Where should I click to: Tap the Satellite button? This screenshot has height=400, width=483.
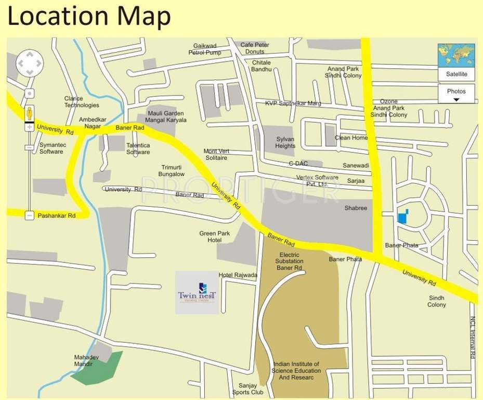[456, 74]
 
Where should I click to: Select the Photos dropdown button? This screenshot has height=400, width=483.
[456, 94]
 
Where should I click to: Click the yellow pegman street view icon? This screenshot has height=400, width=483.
[30, 113]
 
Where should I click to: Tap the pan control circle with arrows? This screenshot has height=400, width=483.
[30, 64]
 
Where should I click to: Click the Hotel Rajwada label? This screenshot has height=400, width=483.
[238, 275]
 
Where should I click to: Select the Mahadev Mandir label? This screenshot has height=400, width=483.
[83, 361]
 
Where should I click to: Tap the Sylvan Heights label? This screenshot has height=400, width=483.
[285, 143]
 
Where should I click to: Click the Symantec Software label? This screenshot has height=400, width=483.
[51, 148]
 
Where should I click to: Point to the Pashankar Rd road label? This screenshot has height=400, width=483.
[57, 215]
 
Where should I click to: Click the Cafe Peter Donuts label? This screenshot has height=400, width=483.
[255, 48]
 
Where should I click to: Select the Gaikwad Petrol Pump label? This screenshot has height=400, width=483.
[204, 49]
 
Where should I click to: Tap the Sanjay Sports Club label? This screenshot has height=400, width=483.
[248, 389]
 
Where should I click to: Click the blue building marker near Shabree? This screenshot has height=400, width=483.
[402, 217]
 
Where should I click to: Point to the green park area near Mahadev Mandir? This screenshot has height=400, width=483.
[99, 369]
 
